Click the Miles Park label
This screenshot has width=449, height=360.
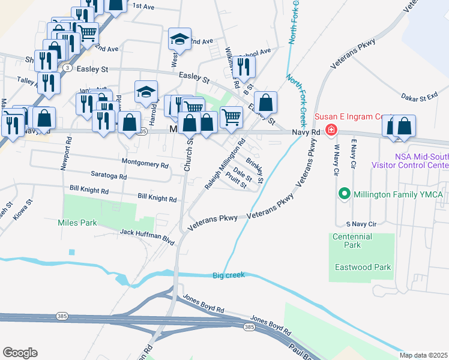(77, 223)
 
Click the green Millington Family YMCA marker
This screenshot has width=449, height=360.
(344, 194)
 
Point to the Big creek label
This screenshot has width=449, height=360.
(229, 276)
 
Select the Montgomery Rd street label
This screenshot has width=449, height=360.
(145, 163)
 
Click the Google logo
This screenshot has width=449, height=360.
(20, 353)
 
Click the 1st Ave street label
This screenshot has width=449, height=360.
(144, 6)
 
